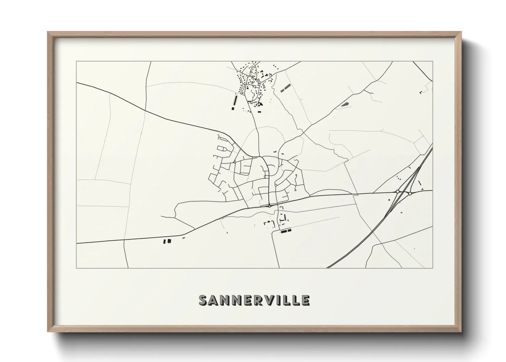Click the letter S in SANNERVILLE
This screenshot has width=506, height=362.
pyautogui.click(x=204, y=300)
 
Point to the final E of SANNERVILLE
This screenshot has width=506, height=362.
pyautogui.click(x=305, y=300)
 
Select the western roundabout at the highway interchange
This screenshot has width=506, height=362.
pyautogui.click(x=397, y=191)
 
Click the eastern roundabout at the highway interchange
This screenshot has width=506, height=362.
pyautogui.click(x=410, y=194)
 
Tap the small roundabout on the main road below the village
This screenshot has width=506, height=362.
pyautogui.click(x=269, y=206)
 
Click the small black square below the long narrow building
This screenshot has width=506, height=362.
pyautogui.click(x=233, y=108)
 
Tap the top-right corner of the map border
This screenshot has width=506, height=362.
pyautogui.click(x=432, y=62)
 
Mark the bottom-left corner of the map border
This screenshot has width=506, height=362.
pyautogui.click(x=77, y=268)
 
